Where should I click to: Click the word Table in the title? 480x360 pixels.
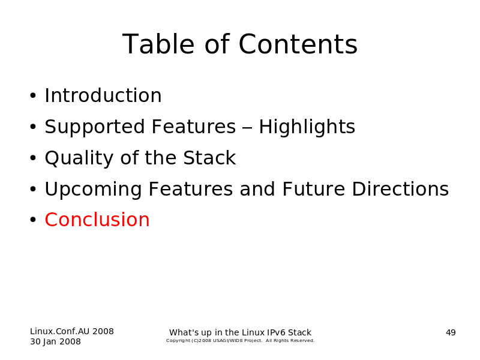(x=158, y=44)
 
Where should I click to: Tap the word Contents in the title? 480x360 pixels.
(x=298, y=44)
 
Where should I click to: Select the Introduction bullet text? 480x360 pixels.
(x=103, y=95)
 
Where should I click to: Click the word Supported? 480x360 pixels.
(x=95, y=127)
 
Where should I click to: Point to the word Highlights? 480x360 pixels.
(x=307, y=127)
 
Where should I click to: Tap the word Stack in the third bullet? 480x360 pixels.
(x=209, y=158)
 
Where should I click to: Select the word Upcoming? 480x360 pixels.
(x=94, y=190)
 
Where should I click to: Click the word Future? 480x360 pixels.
(x=313, y=189)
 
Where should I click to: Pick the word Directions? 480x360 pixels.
(x=400, y=189)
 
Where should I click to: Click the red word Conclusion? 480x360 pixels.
(x=97, y=220)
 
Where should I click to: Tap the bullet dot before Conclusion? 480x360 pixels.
(x=33, y=220)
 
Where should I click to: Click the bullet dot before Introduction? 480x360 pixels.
(x=33, y=96)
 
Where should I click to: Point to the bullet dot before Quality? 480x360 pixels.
(x=33, y=158)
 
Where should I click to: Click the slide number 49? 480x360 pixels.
(x=451, y=332)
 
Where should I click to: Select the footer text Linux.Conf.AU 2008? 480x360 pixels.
(x=72, y=331)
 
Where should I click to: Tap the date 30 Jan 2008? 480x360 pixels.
(x=55, y=341)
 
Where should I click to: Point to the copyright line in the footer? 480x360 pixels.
(x=241, y=341)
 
